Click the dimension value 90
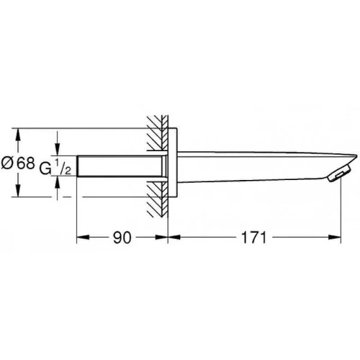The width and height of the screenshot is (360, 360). click(x=122, y=238)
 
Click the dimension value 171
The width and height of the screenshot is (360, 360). click(x=253, y=238)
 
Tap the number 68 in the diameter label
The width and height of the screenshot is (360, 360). click(x=26, y=163)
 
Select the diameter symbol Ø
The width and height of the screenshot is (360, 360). click(x=7, y=163)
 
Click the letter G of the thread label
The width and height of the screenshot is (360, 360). click(x=45, y=168)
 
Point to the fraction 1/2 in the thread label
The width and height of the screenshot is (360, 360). click(x=63, y=166)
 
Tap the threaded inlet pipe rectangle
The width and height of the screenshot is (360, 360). click(x=120, y=166)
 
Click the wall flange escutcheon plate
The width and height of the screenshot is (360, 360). click(x=173, y=163)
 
